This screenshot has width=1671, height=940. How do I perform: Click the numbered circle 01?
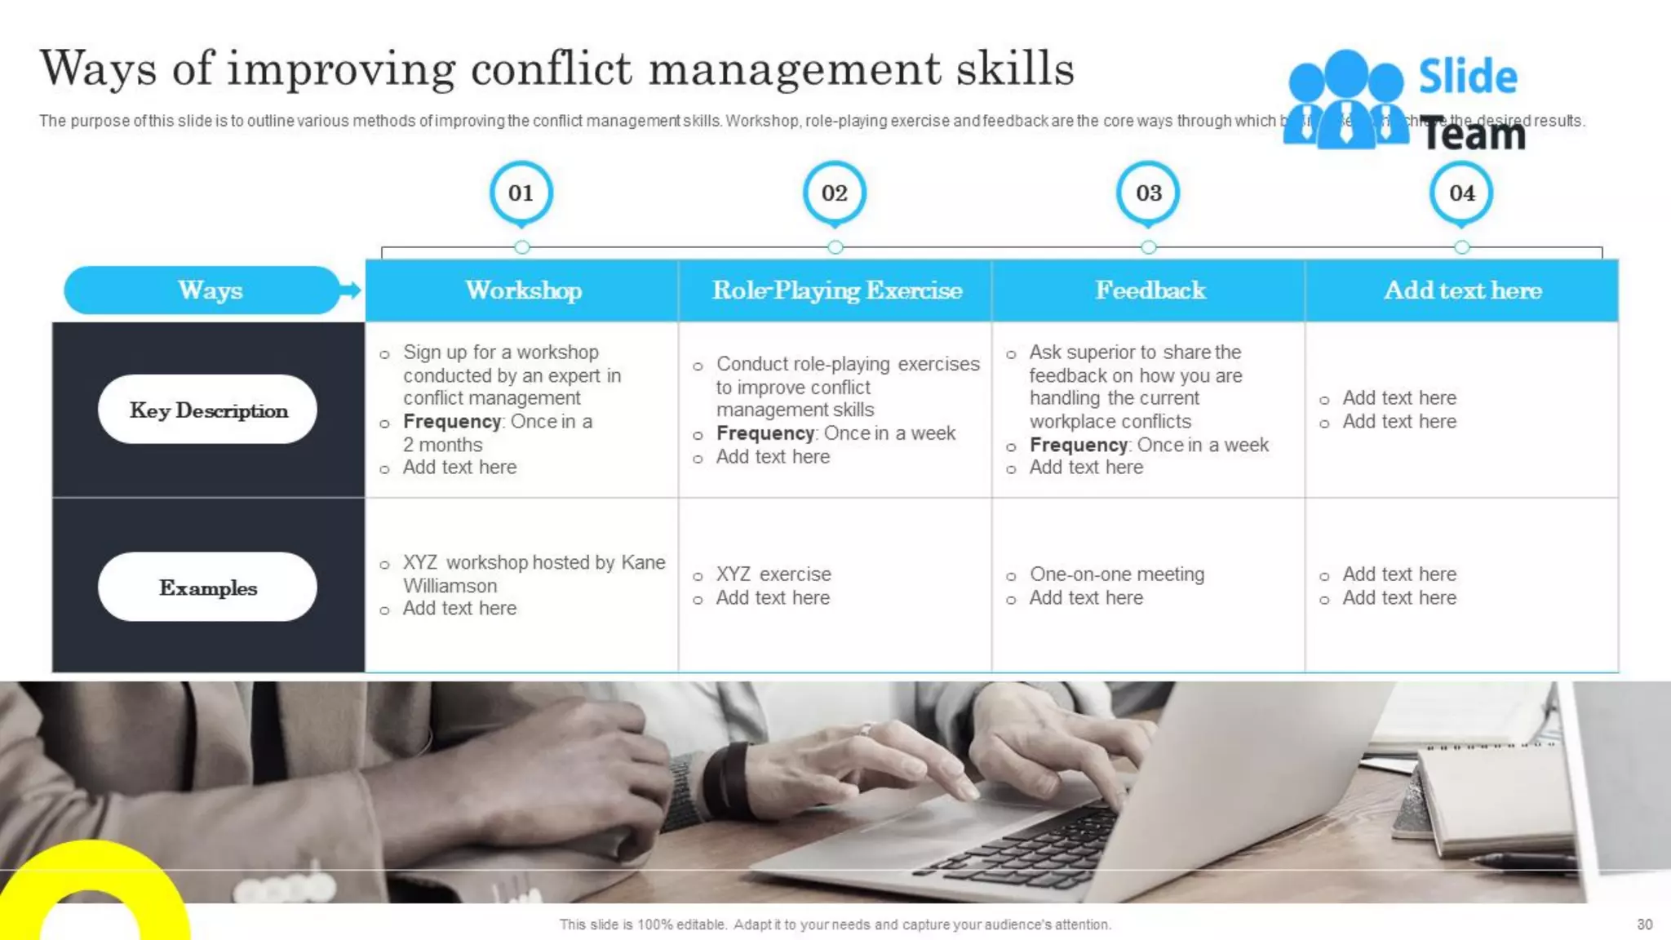pos(521,193)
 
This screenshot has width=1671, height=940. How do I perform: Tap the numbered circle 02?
pos(835,193)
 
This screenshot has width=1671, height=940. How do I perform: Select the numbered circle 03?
pos(1148,193)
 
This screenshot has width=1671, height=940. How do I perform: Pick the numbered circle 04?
pos(1461,193)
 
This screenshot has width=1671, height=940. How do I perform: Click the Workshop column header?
pos(523,290)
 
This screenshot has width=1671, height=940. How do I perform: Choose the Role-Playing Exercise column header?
pos(836,290)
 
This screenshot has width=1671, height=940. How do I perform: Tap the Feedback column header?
pos(1150,290)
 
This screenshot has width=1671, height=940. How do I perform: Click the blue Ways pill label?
pos(210,290)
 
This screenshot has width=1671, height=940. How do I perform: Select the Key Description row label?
pos(208,410)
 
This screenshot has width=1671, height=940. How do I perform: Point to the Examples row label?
pos(208,587)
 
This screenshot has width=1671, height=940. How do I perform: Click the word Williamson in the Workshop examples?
pos(450,586)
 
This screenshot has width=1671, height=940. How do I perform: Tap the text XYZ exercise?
pos(773,574)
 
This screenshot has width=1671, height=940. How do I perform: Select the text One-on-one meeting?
pos(1116,574)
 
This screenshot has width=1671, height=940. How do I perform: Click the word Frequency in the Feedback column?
pos(1079,445)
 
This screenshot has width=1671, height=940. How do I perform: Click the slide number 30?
pos(1644,924)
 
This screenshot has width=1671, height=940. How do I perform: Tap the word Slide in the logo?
pos(1468,77)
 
